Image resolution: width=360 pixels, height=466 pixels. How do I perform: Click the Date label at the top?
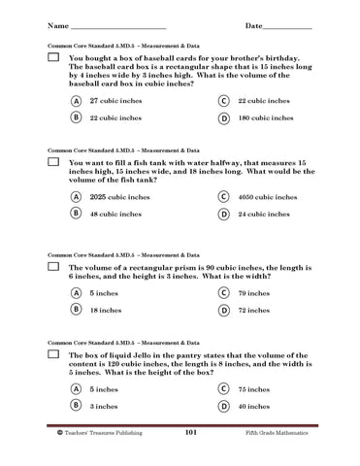click(x=257, y=24)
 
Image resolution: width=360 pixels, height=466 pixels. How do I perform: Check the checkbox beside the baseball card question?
click(x=52, y=58)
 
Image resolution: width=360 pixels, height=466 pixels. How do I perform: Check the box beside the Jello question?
click(x=52, y=357)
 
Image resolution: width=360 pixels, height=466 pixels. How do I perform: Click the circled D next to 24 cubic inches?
click(x=223, y=214)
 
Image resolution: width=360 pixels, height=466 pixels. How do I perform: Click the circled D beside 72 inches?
click(x=223, y=310)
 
